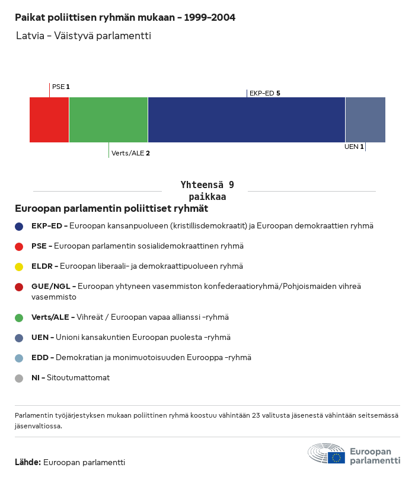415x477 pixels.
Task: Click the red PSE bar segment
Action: (49, 120)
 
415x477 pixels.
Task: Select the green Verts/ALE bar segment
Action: (108, 120)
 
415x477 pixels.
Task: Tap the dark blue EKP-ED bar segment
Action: (247, 120)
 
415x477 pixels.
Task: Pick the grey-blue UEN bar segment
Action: (365, 120)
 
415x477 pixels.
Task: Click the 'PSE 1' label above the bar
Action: (61, 87)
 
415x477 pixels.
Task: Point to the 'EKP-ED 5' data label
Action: (264, 93)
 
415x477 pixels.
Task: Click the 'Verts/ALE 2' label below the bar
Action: (130, 153)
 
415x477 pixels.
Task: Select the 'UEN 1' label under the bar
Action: (354, 147)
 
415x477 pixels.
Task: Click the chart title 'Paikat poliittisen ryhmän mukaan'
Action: (125, 18)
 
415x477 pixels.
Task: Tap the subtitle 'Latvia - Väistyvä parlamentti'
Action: (84, 36)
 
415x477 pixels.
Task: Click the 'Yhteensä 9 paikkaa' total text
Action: (207, 191)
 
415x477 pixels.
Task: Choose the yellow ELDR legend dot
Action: (19, 266)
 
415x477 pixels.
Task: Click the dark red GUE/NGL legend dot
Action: (19, 287)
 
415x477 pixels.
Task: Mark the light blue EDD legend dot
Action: (19, 358)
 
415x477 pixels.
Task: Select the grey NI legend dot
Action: (19, 378)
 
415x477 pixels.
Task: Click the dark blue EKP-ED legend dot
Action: (19, 226)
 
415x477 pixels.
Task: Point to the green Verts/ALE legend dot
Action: (19, 317)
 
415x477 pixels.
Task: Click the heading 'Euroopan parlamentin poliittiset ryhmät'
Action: (111, 209)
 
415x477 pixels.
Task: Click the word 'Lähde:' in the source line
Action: (28, 462)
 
